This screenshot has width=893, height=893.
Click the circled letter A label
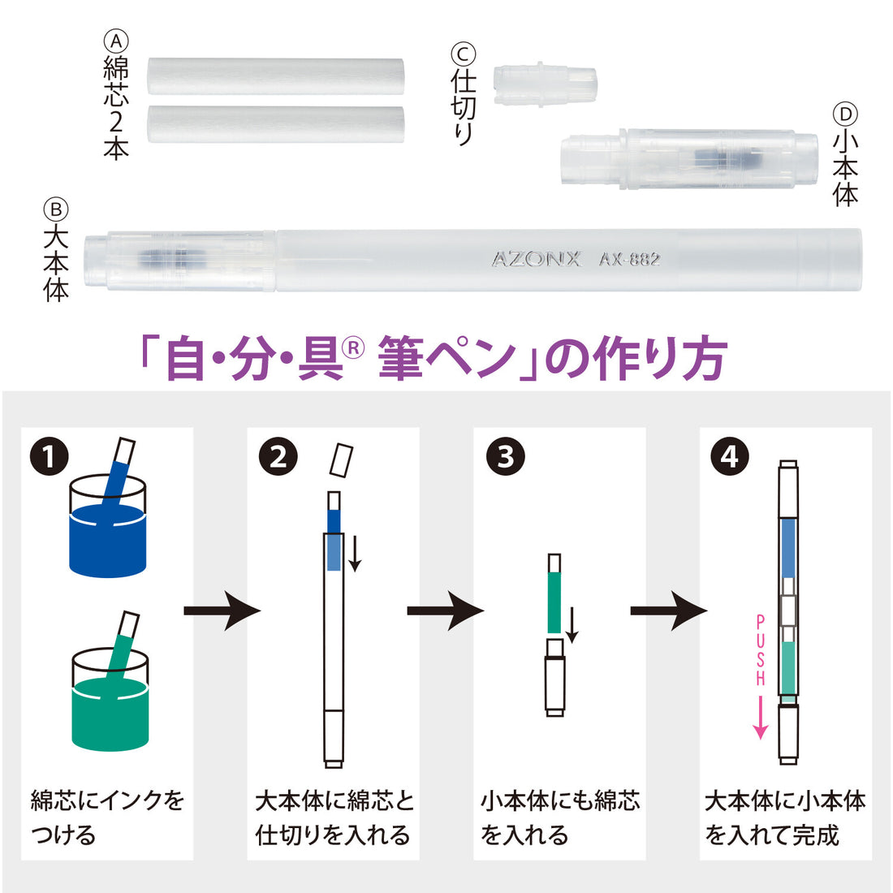[x=116, y=41]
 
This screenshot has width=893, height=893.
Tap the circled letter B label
[x=56, y=209]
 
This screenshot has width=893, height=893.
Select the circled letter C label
[x=463, y=54]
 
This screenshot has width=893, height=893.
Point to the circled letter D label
[x=845, y=114]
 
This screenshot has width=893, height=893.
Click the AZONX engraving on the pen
[x=536, y=260]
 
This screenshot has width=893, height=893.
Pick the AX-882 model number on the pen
[x=629, y=260]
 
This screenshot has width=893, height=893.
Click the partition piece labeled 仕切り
[x=545, y=85]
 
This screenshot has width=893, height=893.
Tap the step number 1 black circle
[x=50, y=457]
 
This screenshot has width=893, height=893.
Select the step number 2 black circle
[x=278, y=457]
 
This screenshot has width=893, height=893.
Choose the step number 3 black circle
[x=505, y=457]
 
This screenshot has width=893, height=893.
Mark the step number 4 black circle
[x=730, y=457]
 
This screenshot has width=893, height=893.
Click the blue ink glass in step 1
[x=108, y=527]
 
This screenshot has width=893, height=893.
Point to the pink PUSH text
[x=761, y=650]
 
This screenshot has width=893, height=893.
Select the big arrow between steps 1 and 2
[x=222, y=610]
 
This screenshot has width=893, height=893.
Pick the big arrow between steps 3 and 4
[x=669, y=610]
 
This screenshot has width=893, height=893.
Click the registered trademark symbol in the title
[x=354, y=347]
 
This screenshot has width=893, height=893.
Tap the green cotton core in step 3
[x=554, y=602]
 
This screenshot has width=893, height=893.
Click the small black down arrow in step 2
[x=355, y=553]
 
